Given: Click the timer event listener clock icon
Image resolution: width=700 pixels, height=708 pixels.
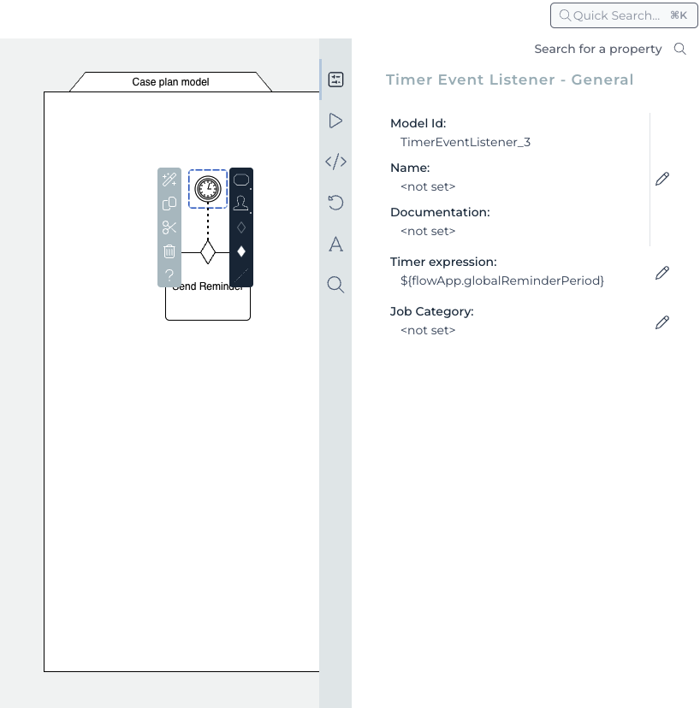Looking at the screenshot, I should click(208, 189).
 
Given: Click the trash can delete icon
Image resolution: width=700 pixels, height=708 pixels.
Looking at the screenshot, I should click(169, 251).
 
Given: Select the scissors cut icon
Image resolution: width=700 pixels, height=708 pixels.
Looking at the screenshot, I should click(169, 227).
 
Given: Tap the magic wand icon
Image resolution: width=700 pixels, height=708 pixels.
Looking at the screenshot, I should click(169, 180).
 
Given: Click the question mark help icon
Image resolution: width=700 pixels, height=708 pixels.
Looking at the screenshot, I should click(169, 275).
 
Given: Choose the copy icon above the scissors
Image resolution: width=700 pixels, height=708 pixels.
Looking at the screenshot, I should click(169, 204).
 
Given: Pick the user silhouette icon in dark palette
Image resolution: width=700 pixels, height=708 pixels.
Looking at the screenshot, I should click(241, 204).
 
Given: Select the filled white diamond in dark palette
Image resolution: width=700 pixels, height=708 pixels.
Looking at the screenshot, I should click(241, 251).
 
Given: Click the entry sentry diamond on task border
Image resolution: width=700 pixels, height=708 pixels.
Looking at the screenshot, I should click(208, 252).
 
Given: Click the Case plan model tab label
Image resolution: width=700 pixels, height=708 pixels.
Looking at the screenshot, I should click(170, 82).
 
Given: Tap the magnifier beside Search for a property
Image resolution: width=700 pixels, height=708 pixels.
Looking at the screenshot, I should click(680, 49).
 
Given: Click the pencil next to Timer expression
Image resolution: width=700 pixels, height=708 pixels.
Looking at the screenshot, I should click(661, 273).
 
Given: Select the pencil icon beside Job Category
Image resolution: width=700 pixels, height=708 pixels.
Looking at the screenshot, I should click(661, 322).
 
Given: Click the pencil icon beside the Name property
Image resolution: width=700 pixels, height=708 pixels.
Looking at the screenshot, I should click(661, 179).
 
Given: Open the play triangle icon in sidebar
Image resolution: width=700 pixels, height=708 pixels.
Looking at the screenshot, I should click(335, 121).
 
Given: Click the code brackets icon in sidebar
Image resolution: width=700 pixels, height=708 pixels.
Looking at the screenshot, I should click(335, 162).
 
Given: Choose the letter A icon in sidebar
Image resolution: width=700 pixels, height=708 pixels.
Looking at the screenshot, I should click(335, 245).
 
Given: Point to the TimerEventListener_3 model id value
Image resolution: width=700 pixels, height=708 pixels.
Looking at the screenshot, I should click(466, 142).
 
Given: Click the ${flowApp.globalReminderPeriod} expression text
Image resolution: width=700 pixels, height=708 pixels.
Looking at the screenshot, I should click(502, 280).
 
